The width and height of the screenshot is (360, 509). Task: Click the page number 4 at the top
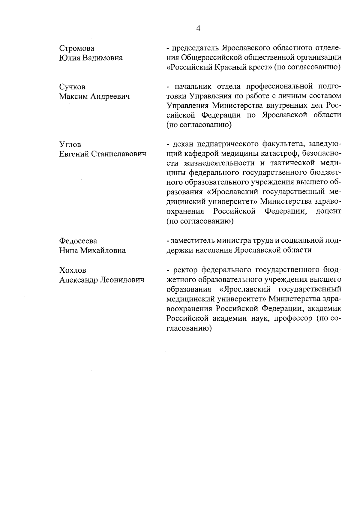[x=198, y=28]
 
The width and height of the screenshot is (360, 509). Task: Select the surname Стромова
[x=76, y=48]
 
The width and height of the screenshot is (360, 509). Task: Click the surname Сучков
[x=72, y=87]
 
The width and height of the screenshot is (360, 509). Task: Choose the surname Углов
[x=70, y=145]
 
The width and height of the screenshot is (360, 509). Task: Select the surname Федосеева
[x=78, y=241]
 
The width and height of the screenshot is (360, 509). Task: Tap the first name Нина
[x=68, y=250]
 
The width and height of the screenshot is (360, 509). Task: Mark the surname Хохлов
[x=73, y=270]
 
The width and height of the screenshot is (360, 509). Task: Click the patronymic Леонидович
[x=122, y=280]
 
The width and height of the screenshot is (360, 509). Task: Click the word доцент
[x=328, y=211]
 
